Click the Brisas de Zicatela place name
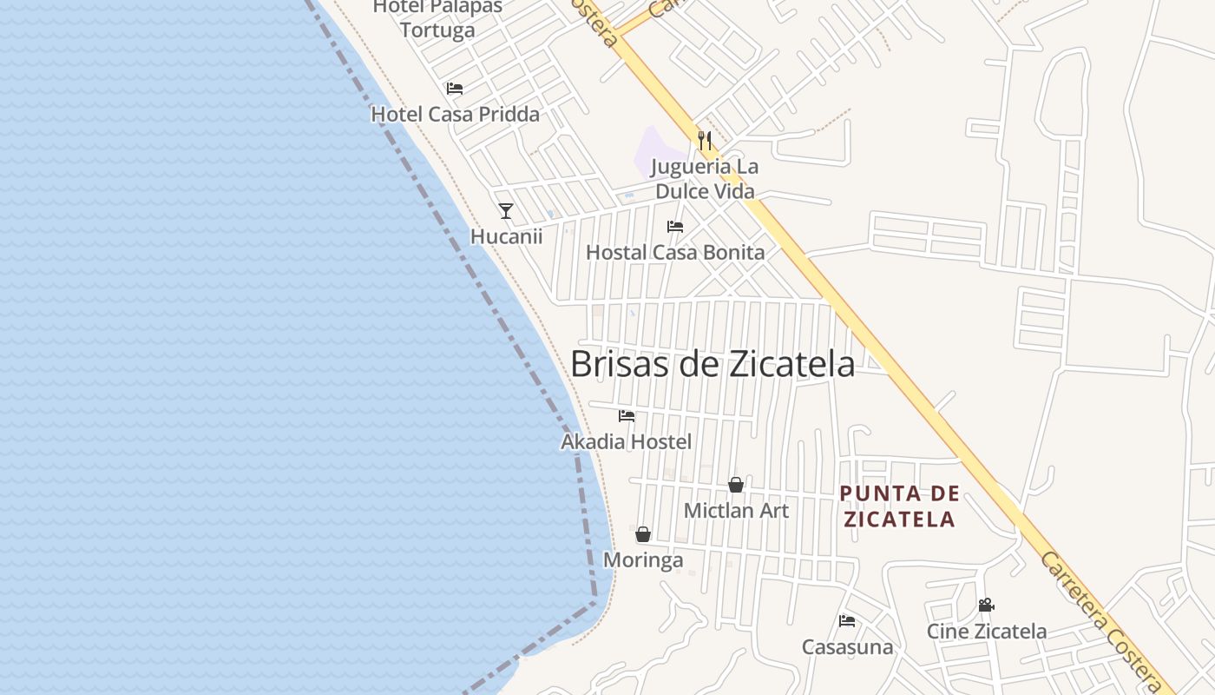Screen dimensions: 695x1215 [713, 364]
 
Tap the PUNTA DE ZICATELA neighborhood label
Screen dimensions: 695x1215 [899, 506]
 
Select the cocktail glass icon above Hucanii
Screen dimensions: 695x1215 [506, 211]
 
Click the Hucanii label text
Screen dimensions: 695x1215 [506, 236]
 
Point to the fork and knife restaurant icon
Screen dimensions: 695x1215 [705, 140]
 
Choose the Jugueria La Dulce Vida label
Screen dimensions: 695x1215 [705, 178]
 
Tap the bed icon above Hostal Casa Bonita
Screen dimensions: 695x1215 [675, 227]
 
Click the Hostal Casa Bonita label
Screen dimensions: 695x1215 [675, 253]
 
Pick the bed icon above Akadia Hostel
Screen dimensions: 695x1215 [627, 416]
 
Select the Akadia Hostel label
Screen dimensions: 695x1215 [627, 442]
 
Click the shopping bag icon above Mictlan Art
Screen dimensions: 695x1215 [736, 485]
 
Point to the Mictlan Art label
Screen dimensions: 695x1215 [736, 510]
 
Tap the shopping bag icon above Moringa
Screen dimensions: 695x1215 [643, 534]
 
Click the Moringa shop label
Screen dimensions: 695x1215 [643, 560]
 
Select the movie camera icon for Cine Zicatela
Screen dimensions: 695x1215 [986, 605]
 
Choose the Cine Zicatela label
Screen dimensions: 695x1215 [987, 632]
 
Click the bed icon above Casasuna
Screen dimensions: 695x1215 [847, 620]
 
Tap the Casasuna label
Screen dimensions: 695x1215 [847, 647]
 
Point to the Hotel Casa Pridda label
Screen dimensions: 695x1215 [455, 114]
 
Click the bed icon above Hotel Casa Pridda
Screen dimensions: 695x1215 [455, 89]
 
